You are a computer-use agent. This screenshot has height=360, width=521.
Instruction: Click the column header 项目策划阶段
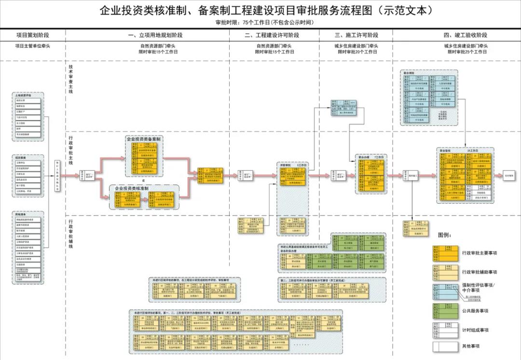click(x=33, y=35)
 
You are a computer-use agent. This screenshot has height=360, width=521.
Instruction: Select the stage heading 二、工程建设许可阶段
click(x=272, y=35)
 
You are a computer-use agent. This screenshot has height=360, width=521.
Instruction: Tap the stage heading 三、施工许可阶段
click(x=356, y=35)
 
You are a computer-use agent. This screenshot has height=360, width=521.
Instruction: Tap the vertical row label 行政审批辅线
click(x=71, y=235)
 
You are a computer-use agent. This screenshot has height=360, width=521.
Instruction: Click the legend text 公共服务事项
click(x=475, y=311)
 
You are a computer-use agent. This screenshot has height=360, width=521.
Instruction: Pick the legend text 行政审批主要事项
click(x=480, y=253)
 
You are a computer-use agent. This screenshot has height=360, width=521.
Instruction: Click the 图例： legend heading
click(x=444, y=235)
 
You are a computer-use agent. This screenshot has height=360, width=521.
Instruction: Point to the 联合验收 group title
click(x=446, y=151)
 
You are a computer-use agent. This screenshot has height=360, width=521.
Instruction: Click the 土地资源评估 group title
click(x=24, y=96)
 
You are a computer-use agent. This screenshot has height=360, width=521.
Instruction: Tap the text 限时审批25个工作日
click(x=467, y=52)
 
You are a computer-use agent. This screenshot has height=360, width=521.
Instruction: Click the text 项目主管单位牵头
click(x=33, y=46)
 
